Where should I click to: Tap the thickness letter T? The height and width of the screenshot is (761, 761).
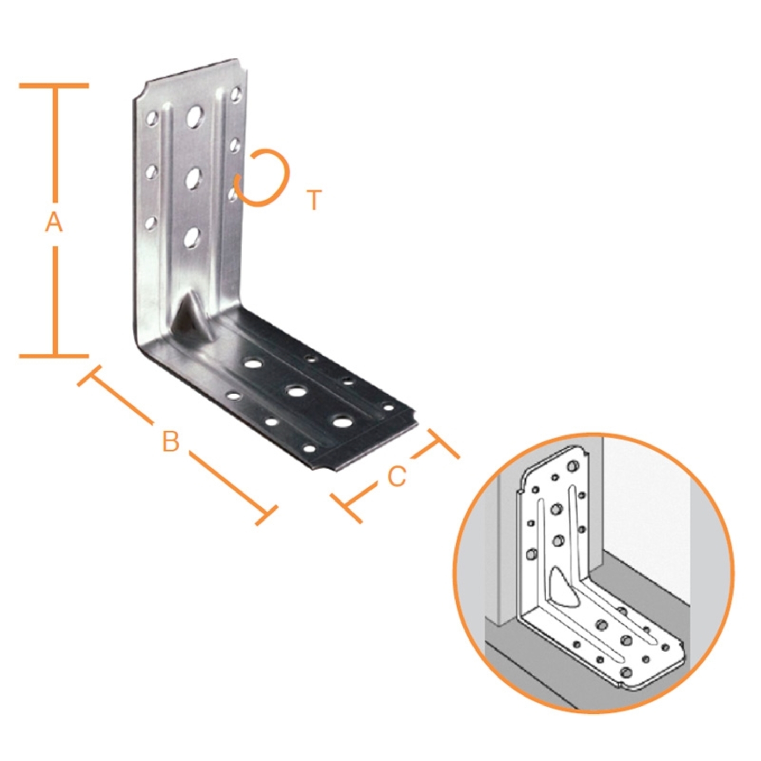coord(314,200)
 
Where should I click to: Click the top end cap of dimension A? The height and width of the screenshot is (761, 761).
coord(54,85)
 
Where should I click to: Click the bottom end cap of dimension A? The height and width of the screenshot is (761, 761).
coord(54,356)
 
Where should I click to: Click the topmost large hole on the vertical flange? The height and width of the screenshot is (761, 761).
coord(194,116)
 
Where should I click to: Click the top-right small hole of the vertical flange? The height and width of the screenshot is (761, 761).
coord(236,95)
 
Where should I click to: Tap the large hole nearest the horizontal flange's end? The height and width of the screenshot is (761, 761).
coord(342,422)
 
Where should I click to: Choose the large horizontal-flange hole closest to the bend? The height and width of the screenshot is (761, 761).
coord(254,363)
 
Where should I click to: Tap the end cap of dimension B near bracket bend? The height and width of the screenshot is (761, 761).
coord(90,376)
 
